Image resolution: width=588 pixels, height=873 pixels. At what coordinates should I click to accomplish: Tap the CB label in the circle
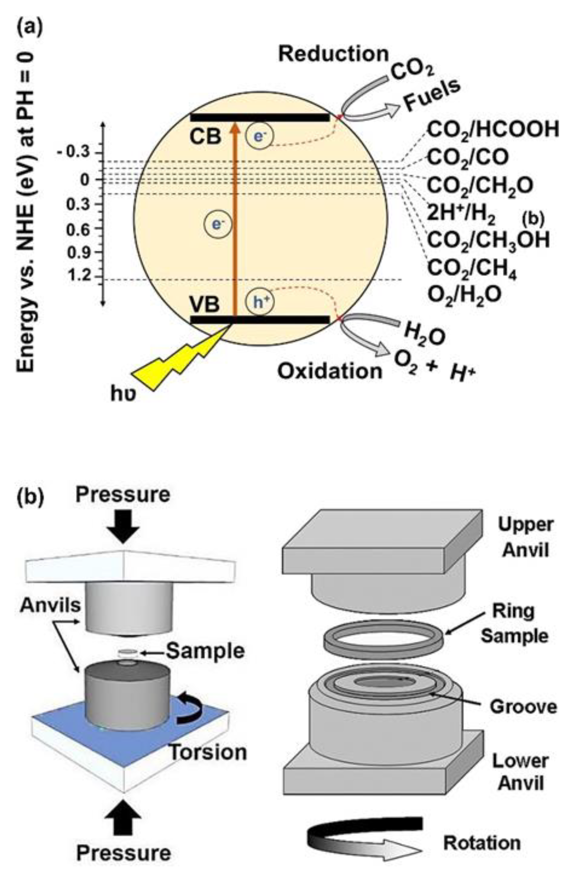tap(205, 137)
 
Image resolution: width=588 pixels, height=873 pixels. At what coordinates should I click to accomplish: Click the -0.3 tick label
tap(73, 152)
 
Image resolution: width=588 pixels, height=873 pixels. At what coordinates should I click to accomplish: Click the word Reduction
tap(333, 54)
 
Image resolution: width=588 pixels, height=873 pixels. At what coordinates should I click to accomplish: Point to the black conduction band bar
tap(260, 117)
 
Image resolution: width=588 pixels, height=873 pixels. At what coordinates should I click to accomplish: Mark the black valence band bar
tap(260, 320)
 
